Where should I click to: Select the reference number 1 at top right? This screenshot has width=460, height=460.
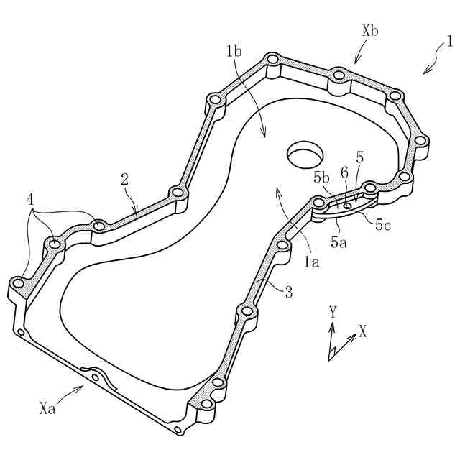pyautogui.click(x=449, y=42)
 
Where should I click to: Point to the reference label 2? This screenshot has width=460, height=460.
pyautogui.click(x=124, y=179)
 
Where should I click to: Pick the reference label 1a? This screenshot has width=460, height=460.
pyautogui.click(x=311, y=263)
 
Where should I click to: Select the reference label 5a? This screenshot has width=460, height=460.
pyautogui.click(x=338, y=242)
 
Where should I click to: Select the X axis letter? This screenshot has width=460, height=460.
pyautogui.click(x=363, y=332)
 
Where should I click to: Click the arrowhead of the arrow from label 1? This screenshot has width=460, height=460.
pyautogui.click(x=425, y=72)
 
